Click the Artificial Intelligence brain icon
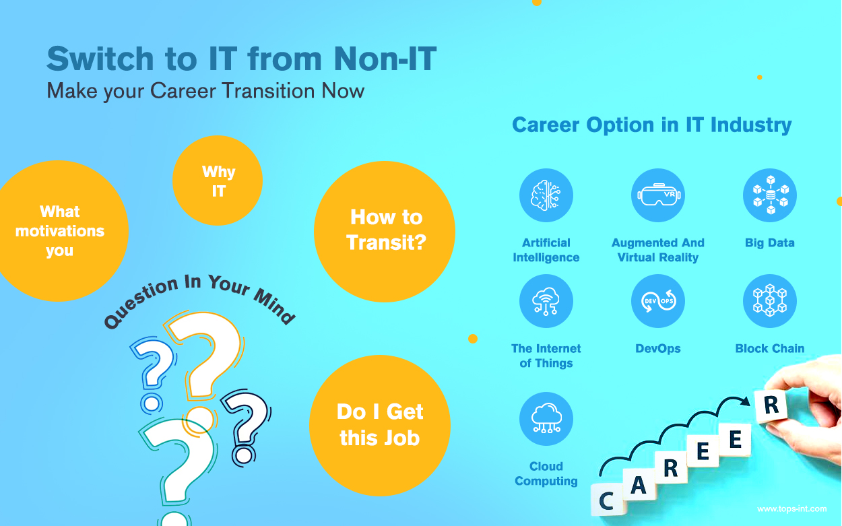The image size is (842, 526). [546, 195]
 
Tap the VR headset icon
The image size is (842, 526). [658, 195]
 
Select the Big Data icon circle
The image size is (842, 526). [769, 195]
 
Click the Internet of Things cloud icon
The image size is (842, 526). [546, 301]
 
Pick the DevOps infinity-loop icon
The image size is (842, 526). [658, 301]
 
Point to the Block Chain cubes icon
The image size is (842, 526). [769, 301]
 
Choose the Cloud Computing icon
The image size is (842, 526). [546, 419]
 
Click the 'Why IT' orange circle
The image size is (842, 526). [218, 180]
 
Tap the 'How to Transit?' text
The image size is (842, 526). [386, 230]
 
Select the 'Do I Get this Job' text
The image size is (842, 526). [380, 424]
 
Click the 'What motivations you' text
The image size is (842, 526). [60, 231]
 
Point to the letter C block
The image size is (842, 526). [608, 500]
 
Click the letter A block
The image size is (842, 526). [639, 484]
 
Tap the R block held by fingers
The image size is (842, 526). [771, 405]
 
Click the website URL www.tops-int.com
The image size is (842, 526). [791, 508]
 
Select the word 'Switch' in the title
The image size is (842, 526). [100, 59]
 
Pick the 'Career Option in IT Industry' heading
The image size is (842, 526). [652, 125]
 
